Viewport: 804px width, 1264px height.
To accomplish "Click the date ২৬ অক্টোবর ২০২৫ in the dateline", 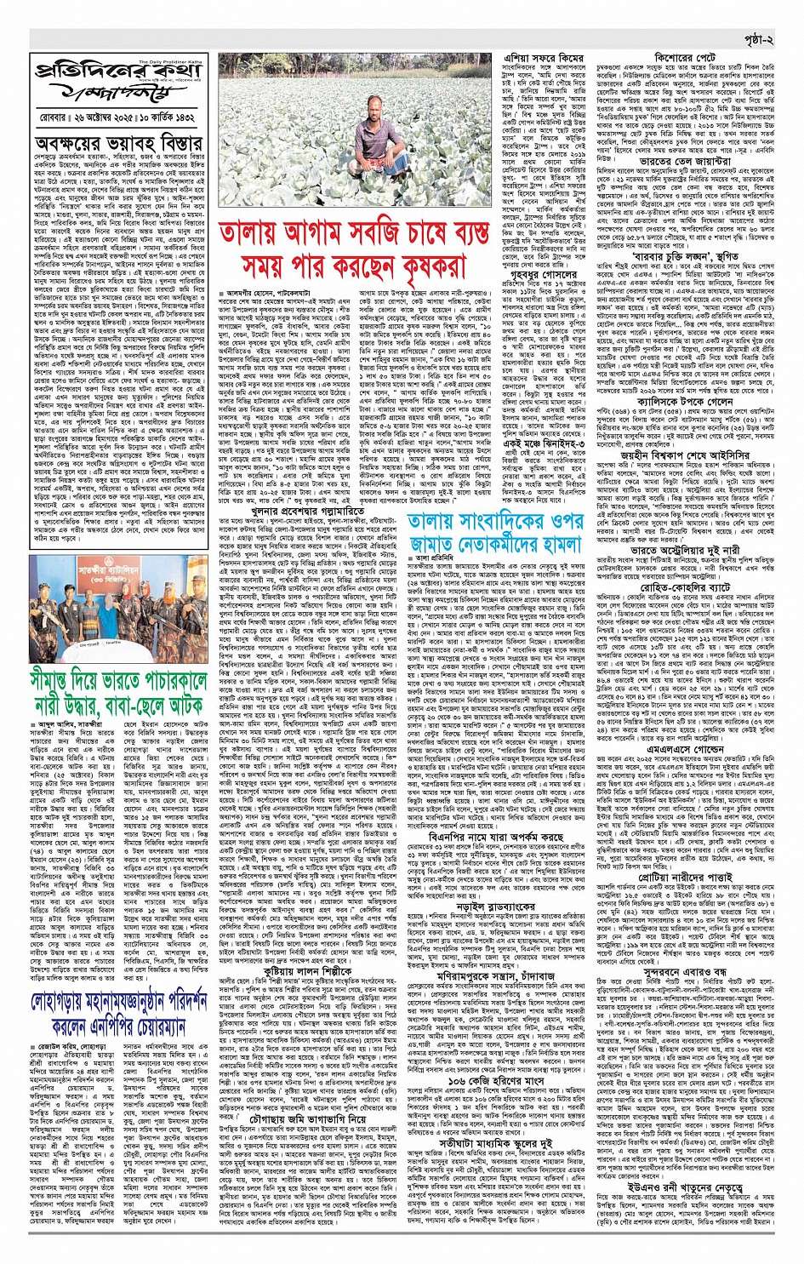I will click(x=95, y=112).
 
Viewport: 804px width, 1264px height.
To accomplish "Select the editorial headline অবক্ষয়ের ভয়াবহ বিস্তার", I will click(x=118, y=141).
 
